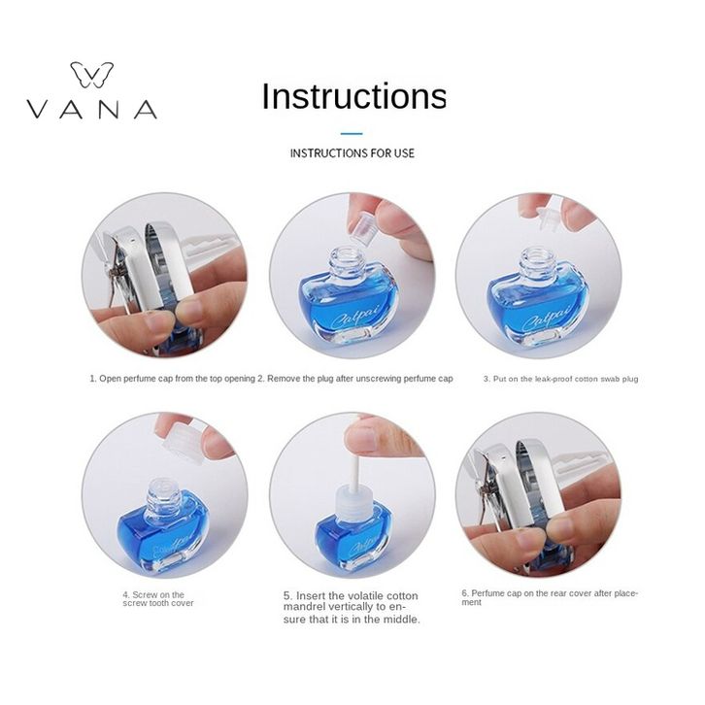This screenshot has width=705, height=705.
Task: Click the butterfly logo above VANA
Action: coord(91,75)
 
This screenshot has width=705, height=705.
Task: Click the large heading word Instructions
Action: coord(353,96)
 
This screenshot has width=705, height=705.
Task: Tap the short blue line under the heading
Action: coord(352,134)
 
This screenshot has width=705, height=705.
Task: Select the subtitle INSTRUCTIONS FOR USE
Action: coord(352,153)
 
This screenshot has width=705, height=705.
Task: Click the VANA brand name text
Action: coord(91,110)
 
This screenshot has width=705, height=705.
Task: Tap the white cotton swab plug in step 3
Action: coord(550,218)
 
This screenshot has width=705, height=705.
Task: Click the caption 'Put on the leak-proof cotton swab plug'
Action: coord(560,379)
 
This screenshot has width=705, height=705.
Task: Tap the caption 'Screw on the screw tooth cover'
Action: coord(158,599)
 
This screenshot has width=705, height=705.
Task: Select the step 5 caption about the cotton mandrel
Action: coord(352,608)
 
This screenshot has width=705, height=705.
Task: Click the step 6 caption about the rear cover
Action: coord(550,597)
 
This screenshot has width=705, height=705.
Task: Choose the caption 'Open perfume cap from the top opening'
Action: coord(172,379)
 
